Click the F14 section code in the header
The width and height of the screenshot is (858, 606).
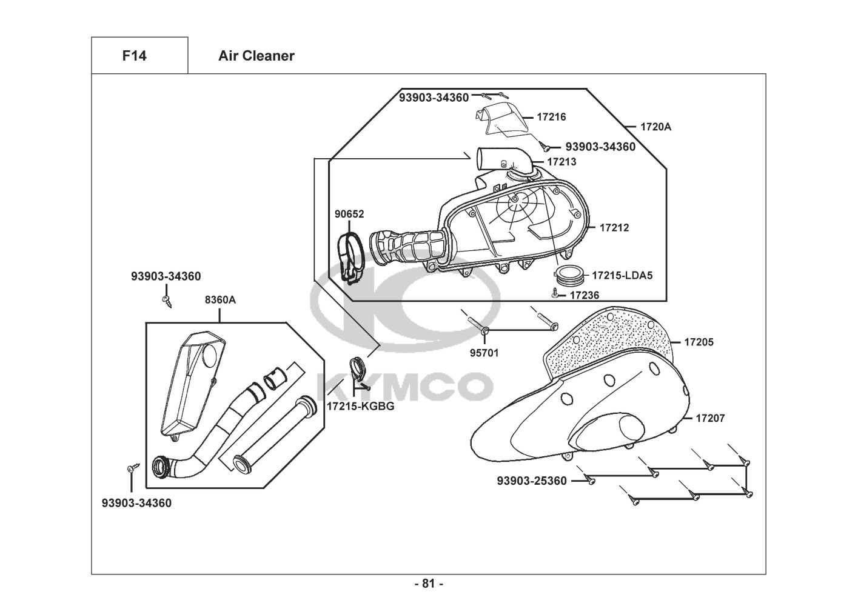point(134,56)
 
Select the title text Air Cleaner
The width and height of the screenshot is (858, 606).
point(256,56)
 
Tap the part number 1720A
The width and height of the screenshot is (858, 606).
point(655,127)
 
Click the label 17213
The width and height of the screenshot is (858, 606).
point(561,162)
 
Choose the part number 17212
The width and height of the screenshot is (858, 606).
point(614,228)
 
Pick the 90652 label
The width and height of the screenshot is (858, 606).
point(349,214)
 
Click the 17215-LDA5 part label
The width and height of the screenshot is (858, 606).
point(622,275)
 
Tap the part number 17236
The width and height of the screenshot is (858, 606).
point(585,295)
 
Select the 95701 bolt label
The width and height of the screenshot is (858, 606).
point(484,352)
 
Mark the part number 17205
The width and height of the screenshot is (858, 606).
point(699,342)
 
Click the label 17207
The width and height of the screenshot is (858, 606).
point(710,418)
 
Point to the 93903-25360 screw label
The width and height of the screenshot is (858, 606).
point(532,481)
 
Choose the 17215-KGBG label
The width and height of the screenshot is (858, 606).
point(360,406)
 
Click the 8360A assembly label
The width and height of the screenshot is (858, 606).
point(220,299)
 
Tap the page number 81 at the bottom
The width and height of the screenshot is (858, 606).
point(429,584)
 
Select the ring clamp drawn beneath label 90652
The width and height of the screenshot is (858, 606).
point(350,258)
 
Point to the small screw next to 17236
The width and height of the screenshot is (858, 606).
point(555,294)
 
